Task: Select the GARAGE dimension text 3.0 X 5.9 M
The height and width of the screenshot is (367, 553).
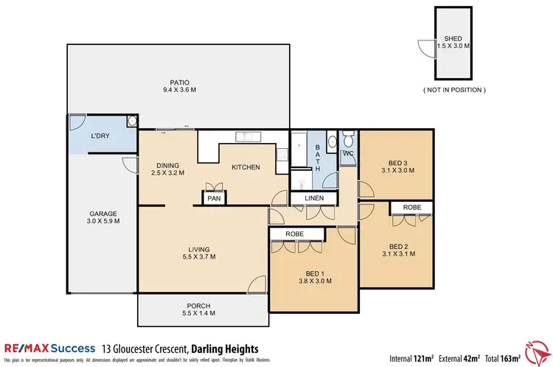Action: point(103,220)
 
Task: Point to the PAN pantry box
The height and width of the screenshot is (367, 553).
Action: point(215,198)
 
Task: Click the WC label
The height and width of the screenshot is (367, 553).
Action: point(347,154)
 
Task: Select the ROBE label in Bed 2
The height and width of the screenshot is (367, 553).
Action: point(411,208)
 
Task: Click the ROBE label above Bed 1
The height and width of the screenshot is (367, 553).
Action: point(296,234)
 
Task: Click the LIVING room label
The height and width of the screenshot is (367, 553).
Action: point(198,249)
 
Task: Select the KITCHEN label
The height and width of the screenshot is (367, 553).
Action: point(246,167)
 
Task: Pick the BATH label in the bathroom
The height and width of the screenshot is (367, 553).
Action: point(319,157)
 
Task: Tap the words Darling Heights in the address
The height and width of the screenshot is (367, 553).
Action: point(224,347)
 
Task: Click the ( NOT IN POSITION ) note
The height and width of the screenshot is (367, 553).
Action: point(453,90)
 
